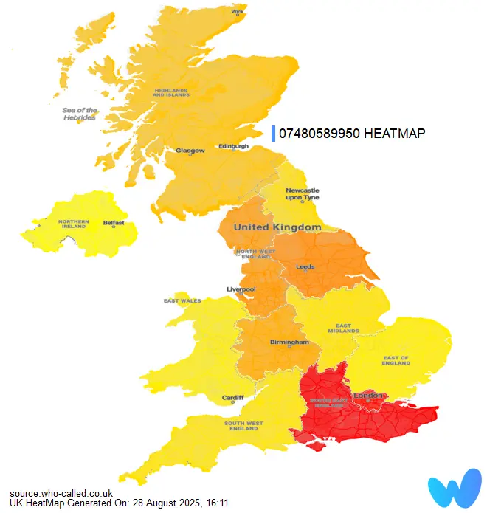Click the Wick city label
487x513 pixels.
(x=238, y=12)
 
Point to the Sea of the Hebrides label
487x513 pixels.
(x=80, y=114)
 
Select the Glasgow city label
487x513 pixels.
(x=190, y=151)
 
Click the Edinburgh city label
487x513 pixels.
(x=234, y=146)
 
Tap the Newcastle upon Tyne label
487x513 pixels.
(x=302, y=193)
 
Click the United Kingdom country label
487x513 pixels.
(x=277, y=227)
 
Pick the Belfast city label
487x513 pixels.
(x=114, y=222)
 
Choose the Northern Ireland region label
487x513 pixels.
(x=74, y=224)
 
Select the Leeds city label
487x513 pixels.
(x=305, y=266)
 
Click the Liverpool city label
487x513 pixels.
(x=241, y=289)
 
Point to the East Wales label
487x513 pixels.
(x=182, y=301)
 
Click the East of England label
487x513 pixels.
(x=396, y=361)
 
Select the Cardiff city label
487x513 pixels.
(x=232, y=398)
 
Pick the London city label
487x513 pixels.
(x=369, y=396)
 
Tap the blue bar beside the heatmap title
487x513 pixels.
(x=274, y=133)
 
